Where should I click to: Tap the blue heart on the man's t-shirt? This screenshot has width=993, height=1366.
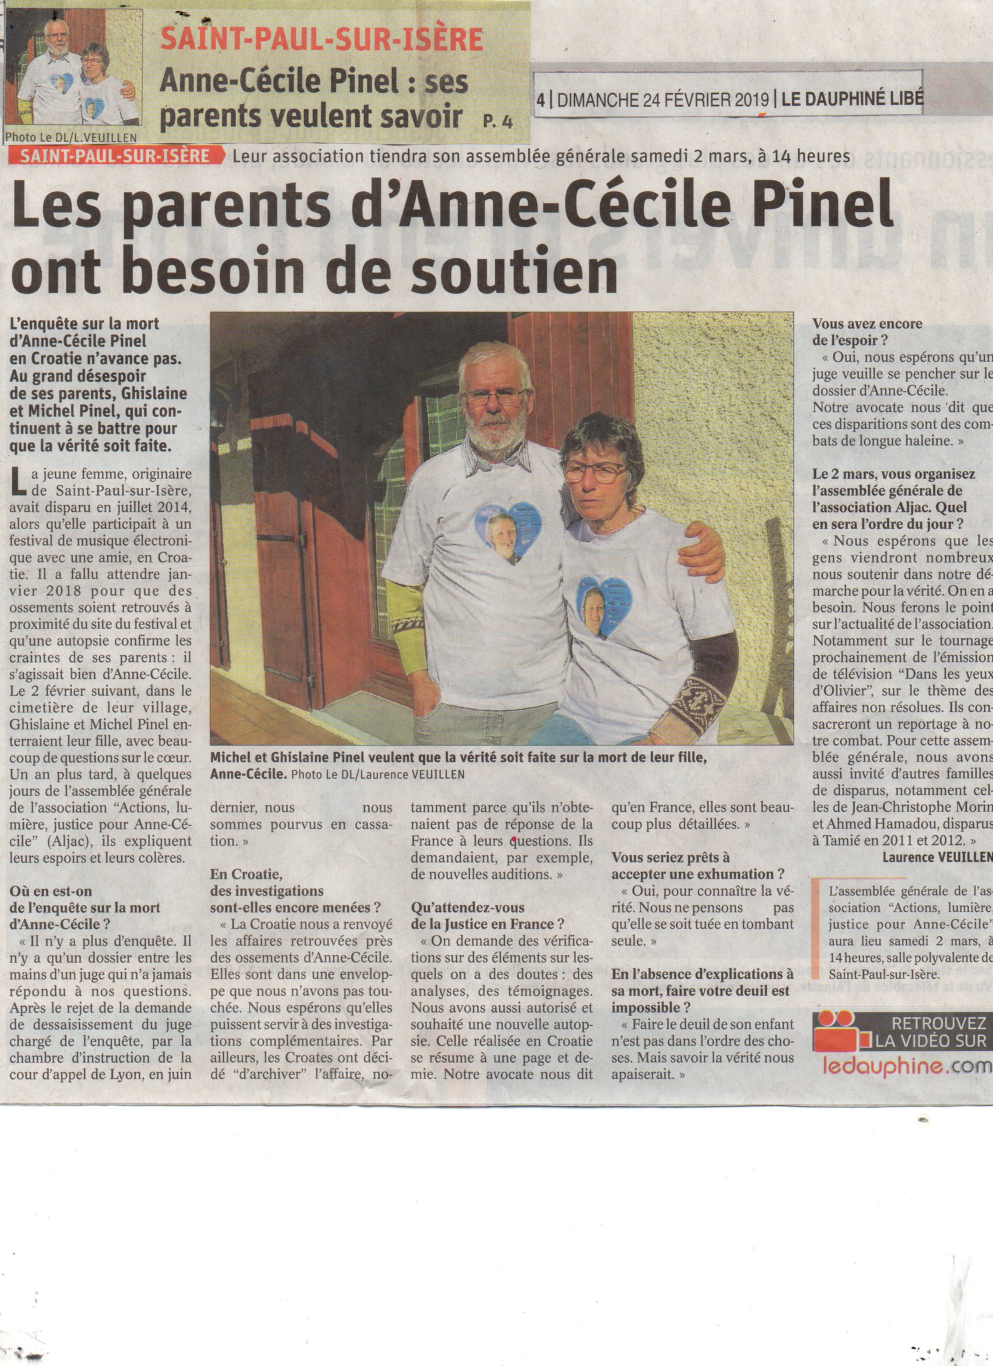tap(508, 535)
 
